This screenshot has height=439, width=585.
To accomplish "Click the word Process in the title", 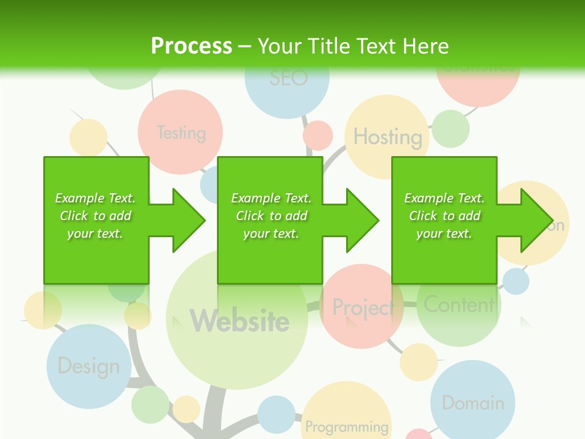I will click(x=191, y=46).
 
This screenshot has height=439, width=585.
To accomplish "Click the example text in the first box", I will click(x=95, y=216).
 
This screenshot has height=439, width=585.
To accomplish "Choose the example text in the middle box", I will click(x=271, y=216).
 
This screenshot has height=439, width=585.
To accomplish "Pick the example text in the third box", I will click(x=444, y=216).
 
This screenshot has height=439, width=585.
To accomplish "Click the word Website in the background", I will click(x=239, y=321).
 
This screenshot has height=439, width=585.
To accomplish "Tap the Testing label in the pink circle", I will click(x=181, y=132).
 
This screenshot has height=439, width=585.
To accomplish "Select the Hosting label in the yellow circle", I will click(x=388, y=137).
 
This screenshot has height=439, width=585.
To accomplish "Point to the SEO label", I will click(x=288, y=78).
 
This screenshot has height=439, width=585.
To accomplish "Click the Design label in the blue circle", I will click(x=88, y=366).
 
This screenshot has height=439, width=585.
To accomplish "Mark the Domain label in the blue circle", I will click(x=473, y=403).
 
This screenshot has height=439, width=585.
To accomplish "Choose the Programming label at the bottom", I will click(x=347, y=426).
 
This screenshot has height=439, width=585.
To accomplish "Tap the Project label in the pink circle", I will click(x=363, y=307).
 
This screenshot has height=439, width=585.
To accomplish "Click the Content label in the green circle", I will click(x=459, y=304).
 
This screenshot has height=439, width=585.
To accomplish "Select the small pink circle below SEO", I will click(x=317, y=135).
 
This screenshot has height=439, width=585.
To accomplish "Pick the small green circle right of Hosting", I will click(x=450, y=129).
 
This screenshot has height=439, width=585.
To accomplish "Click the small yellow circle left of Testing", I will click(x=88, y=137).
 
